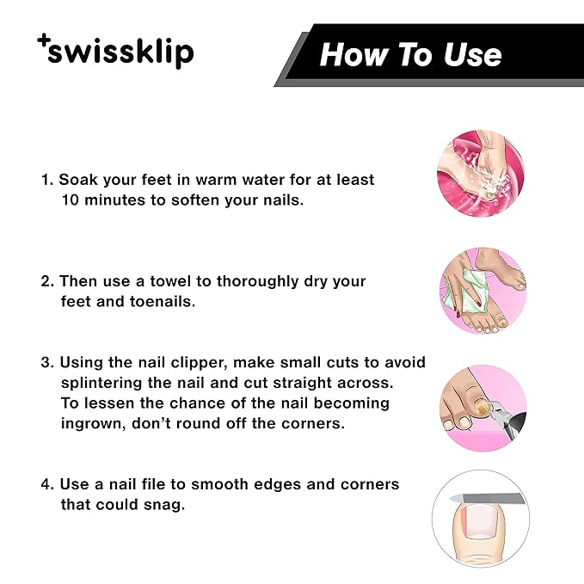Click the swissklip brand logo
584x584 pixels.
(x=116, y=52)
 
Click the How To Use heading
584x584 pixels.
(x=410, y=55)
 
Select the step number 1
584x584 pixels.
(x=46, y=181)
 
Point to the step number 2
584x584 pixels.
(x=47, y=281)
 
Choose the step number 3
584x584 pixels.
(x=47, y=363)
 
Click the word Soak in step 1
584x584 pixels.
(x=80, y=181)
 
